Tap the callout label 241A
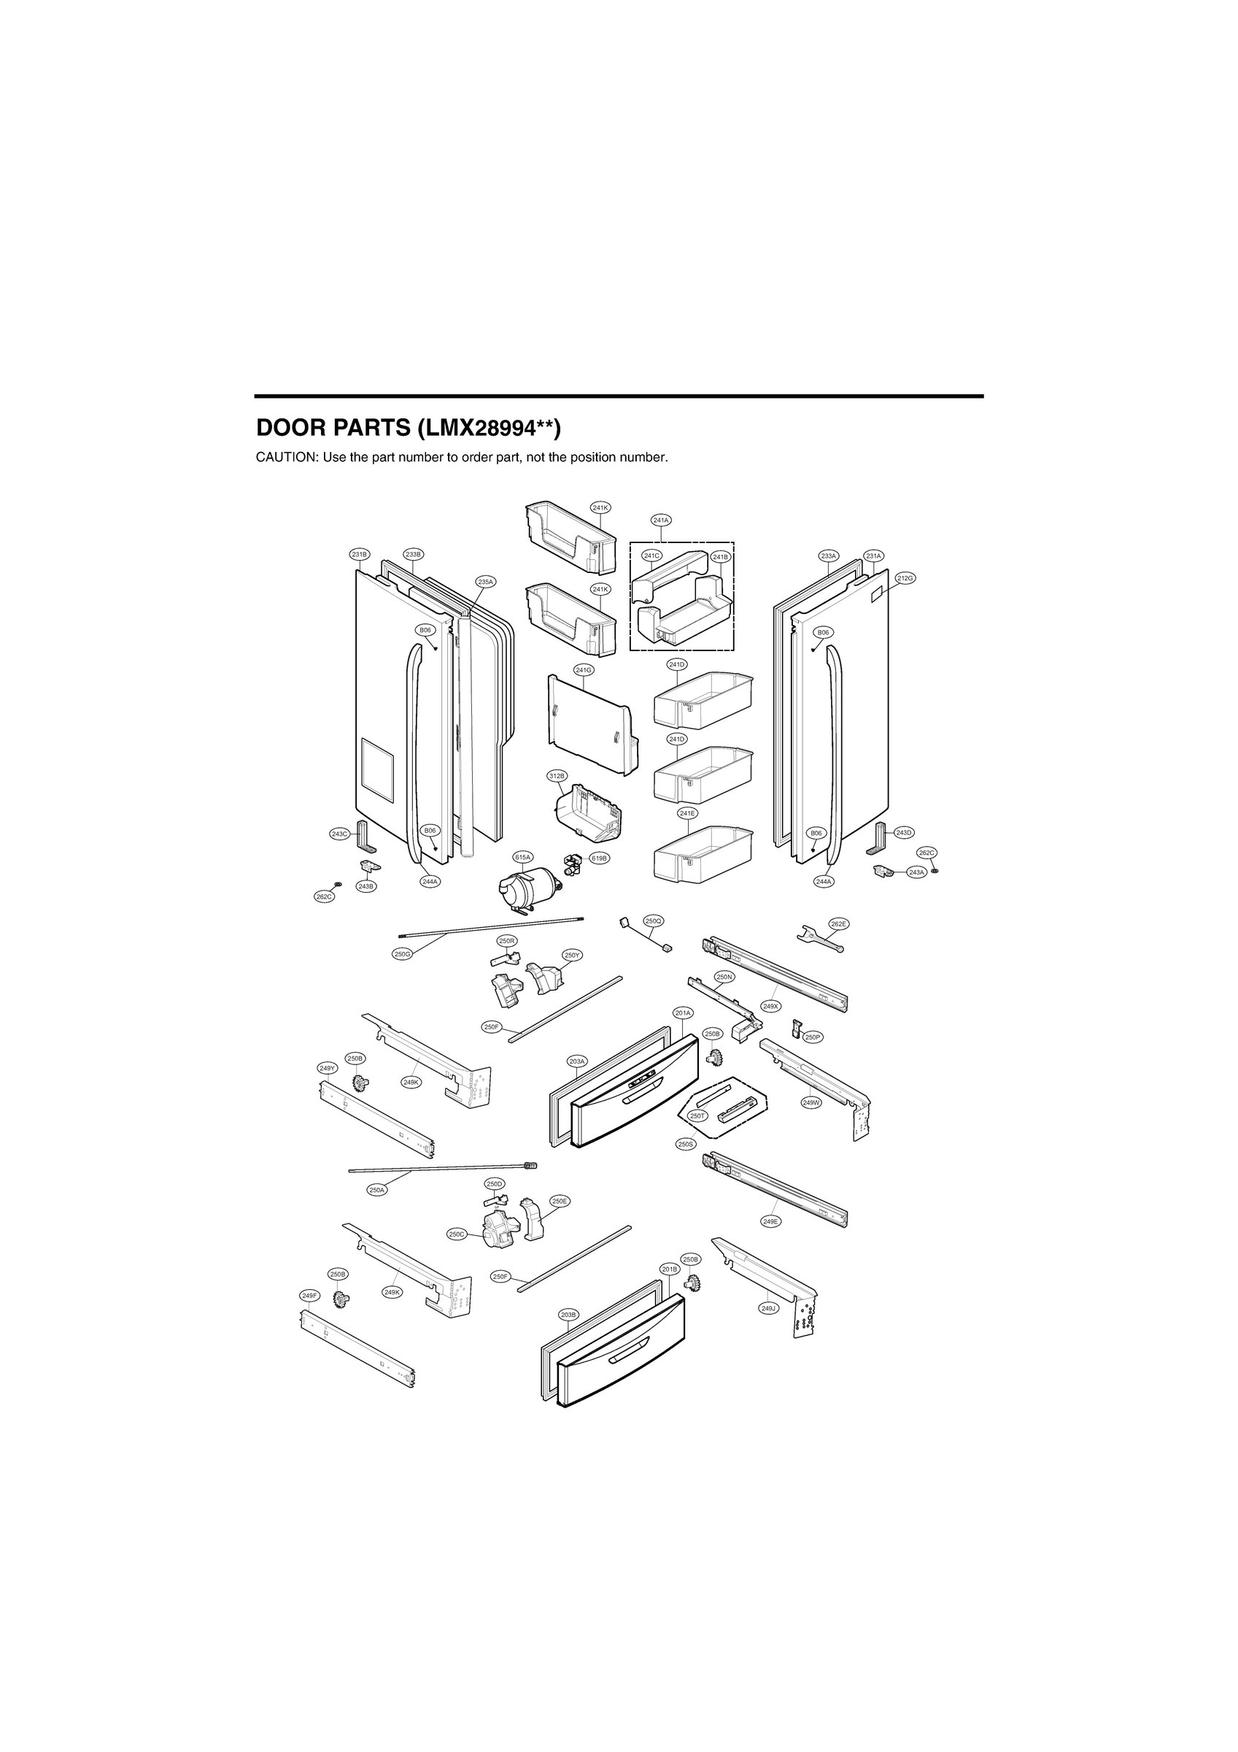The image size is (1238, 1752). (x=660, y=520)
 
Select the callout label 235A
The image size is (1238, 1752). (x=485, y=582)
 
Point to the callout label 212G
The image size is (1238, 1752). (x=905, y=578)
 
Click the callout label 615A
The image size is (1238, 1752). (x=522, y=858)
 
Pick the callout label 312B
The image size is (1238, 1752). (x=557, y=776)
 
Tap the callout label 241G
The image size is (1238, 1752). (x=584, y=670)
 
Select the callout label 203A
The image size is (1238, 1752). (x=578, y=1061)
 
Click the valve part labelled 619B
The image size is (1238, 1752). (x=571, y=864)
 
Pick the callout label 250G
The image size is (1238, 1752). (x=403, y=954)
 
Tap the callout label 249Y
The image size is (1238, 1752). (x=328, y=1067)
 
